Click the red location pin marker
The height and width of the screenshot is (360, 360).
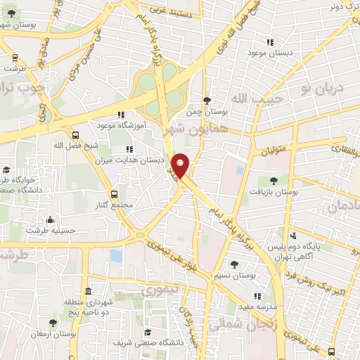pos(181,166)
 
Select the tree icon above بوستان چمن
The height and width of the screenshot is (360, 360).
pos(206,101)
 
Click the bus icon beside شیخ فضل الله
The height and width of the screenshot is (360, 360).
pos(75,135)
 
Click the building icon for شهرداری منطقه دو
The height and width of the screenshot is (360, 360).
pos(88,291)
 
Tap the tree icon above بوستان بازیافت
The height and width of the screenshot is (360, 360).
pos(272,181)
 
